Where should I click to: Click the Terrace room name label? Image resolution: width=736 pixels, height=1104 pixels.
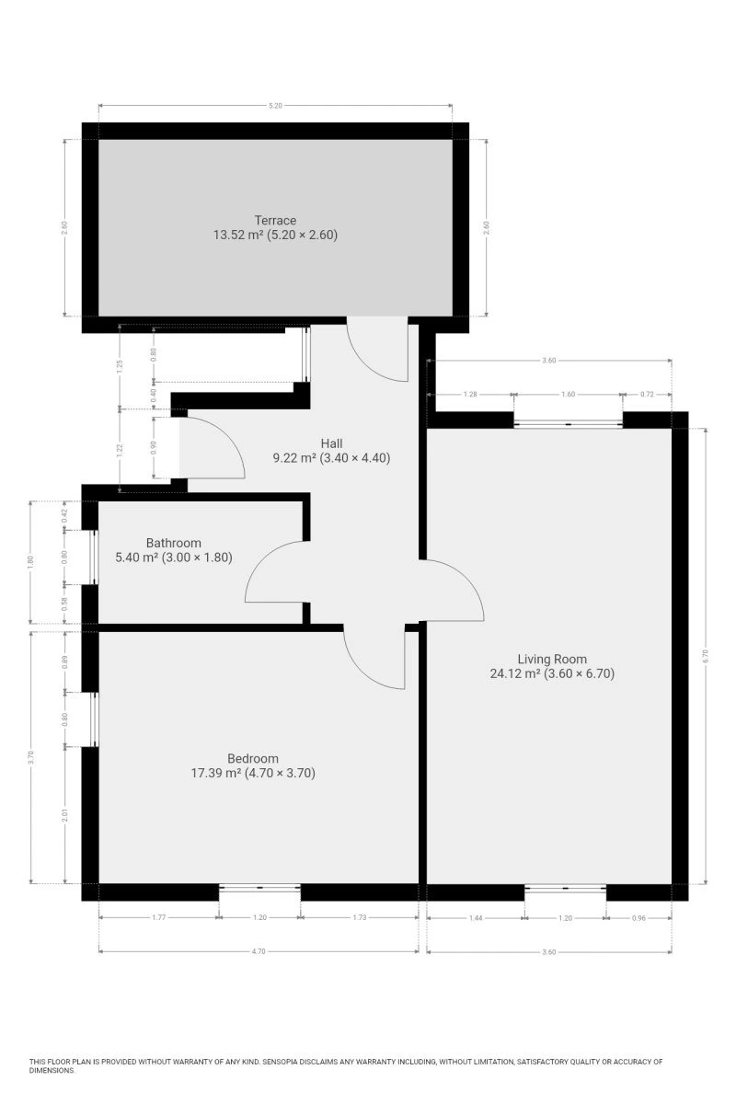click(275, 220)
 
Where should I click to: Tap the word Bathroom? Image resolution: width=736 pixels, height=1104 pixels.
click(174, 543)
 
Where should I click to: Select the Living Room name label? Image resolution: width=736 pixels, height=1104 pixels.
click(552, 659)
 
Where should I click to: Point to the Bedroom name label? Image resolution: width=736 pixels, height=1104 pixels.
click(253, 758)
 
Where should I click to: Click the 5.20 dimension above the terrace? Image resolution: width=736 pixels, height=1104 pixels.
click(276, 106)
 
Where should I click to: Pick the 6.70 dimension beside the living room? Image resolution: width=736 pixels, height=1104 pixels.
click(705, 655)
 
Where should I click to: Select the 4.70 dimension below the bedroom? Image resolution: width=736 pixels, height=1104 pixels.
click(259, 951)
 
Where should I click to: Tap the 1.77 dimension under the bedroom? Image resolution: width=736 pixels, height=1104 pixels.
click(159, 917)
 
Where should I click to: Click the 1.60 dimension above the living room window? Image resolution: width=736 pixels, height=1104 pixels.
click(568, 395)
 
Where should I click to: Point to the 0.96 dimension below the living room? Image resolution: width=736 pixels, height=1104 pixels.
click(638, 918)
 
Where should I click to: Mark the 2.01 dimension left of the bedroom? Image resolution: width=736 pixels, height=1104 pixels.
click(64, 816)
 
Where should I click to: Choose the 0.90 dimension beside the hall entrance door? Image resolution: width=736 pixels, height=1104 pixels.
click(154, 447)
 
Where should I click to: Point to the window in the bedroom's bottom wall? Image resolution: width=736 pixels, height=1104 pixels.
click(259, 888)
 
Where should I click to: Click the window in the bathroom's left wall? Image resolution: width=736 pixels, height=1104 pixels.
click(94, 558)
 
